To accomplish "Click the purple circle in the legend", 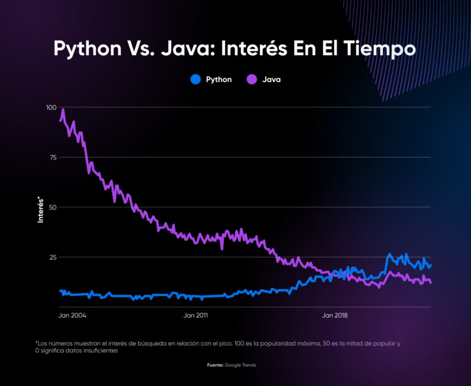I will click(251, 79).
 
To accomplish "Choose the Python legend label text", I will click(219, 79).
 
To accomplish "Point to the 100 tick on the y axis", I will click(51, 107).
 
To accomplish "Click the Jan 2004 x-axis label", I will click(72, 316).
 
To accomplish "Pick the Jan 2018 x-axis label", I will click(334, 316).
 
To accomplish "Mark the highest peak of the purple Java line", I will click(63, 110).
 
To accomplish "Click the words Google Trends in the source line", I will click(241, 365).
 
